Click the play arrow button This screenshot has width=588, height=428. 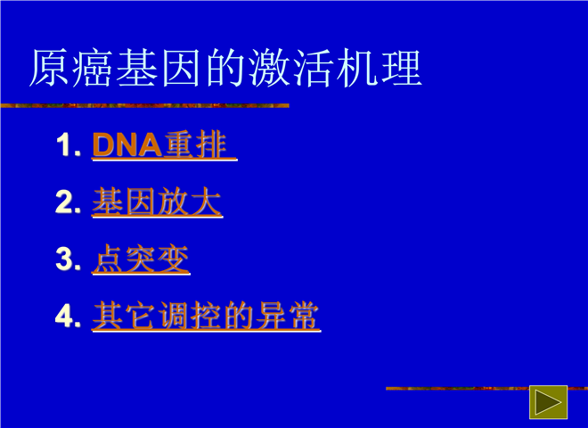click(x=548, y=402)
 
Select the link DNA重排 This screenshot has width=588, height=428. click(x=164, y=145)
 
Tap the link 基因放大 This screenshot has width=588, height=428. click(x=157, y=202)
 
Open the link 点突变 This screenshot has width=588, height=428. click(x=141, y=259)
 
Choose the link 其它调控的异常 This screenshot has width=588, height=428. click(x=207, y=317)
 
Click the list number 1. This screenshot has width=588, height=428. click(x=69, y=145)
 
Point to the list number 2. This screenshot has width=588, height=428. click(x=68, y=202)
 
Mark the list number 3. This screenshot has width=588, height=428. click(x=68, y=259)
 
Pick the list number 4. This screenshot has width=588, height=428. click(x=68, y=317)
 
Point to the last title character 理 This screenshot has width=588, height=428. click(x=402, y=68)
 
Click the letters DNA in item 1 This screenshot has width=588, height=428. click(x=127, y=145)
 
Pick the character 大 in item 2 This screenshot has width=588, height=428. click(x=206, y=202)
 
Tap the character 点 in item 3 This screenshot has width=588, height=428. click(x=109, y=259)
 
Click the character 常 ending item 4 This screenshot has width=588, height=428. click(x=304, y=316)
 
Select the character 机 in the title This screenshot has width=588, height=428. click(x=358, y=68)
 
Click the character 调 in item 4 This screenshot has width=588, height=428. click(x=174, y=316)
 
